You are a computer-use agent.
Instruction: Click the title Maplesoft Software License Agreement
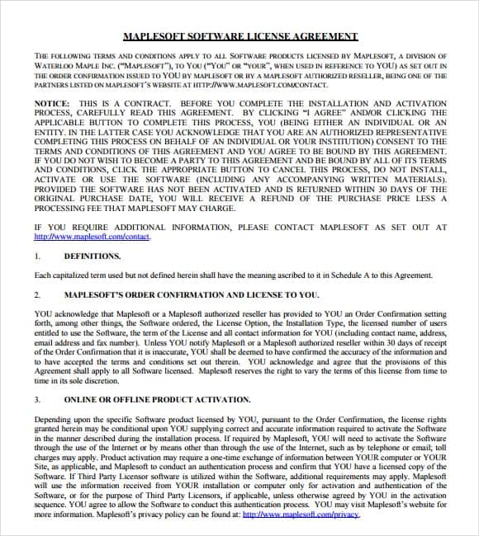tap(239, 36)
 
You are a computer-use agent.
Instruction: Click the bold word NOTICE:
tap(51, 103)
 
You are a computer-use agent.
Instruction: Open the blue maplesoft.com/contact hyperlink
tap(92, 237)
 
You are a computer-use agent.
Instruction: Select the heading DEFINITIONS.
tap(87, 256)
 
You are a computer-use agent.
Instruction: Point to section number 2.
tap(37, 294)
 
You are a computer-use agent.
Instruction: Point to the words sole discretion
tap(98, 381)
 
